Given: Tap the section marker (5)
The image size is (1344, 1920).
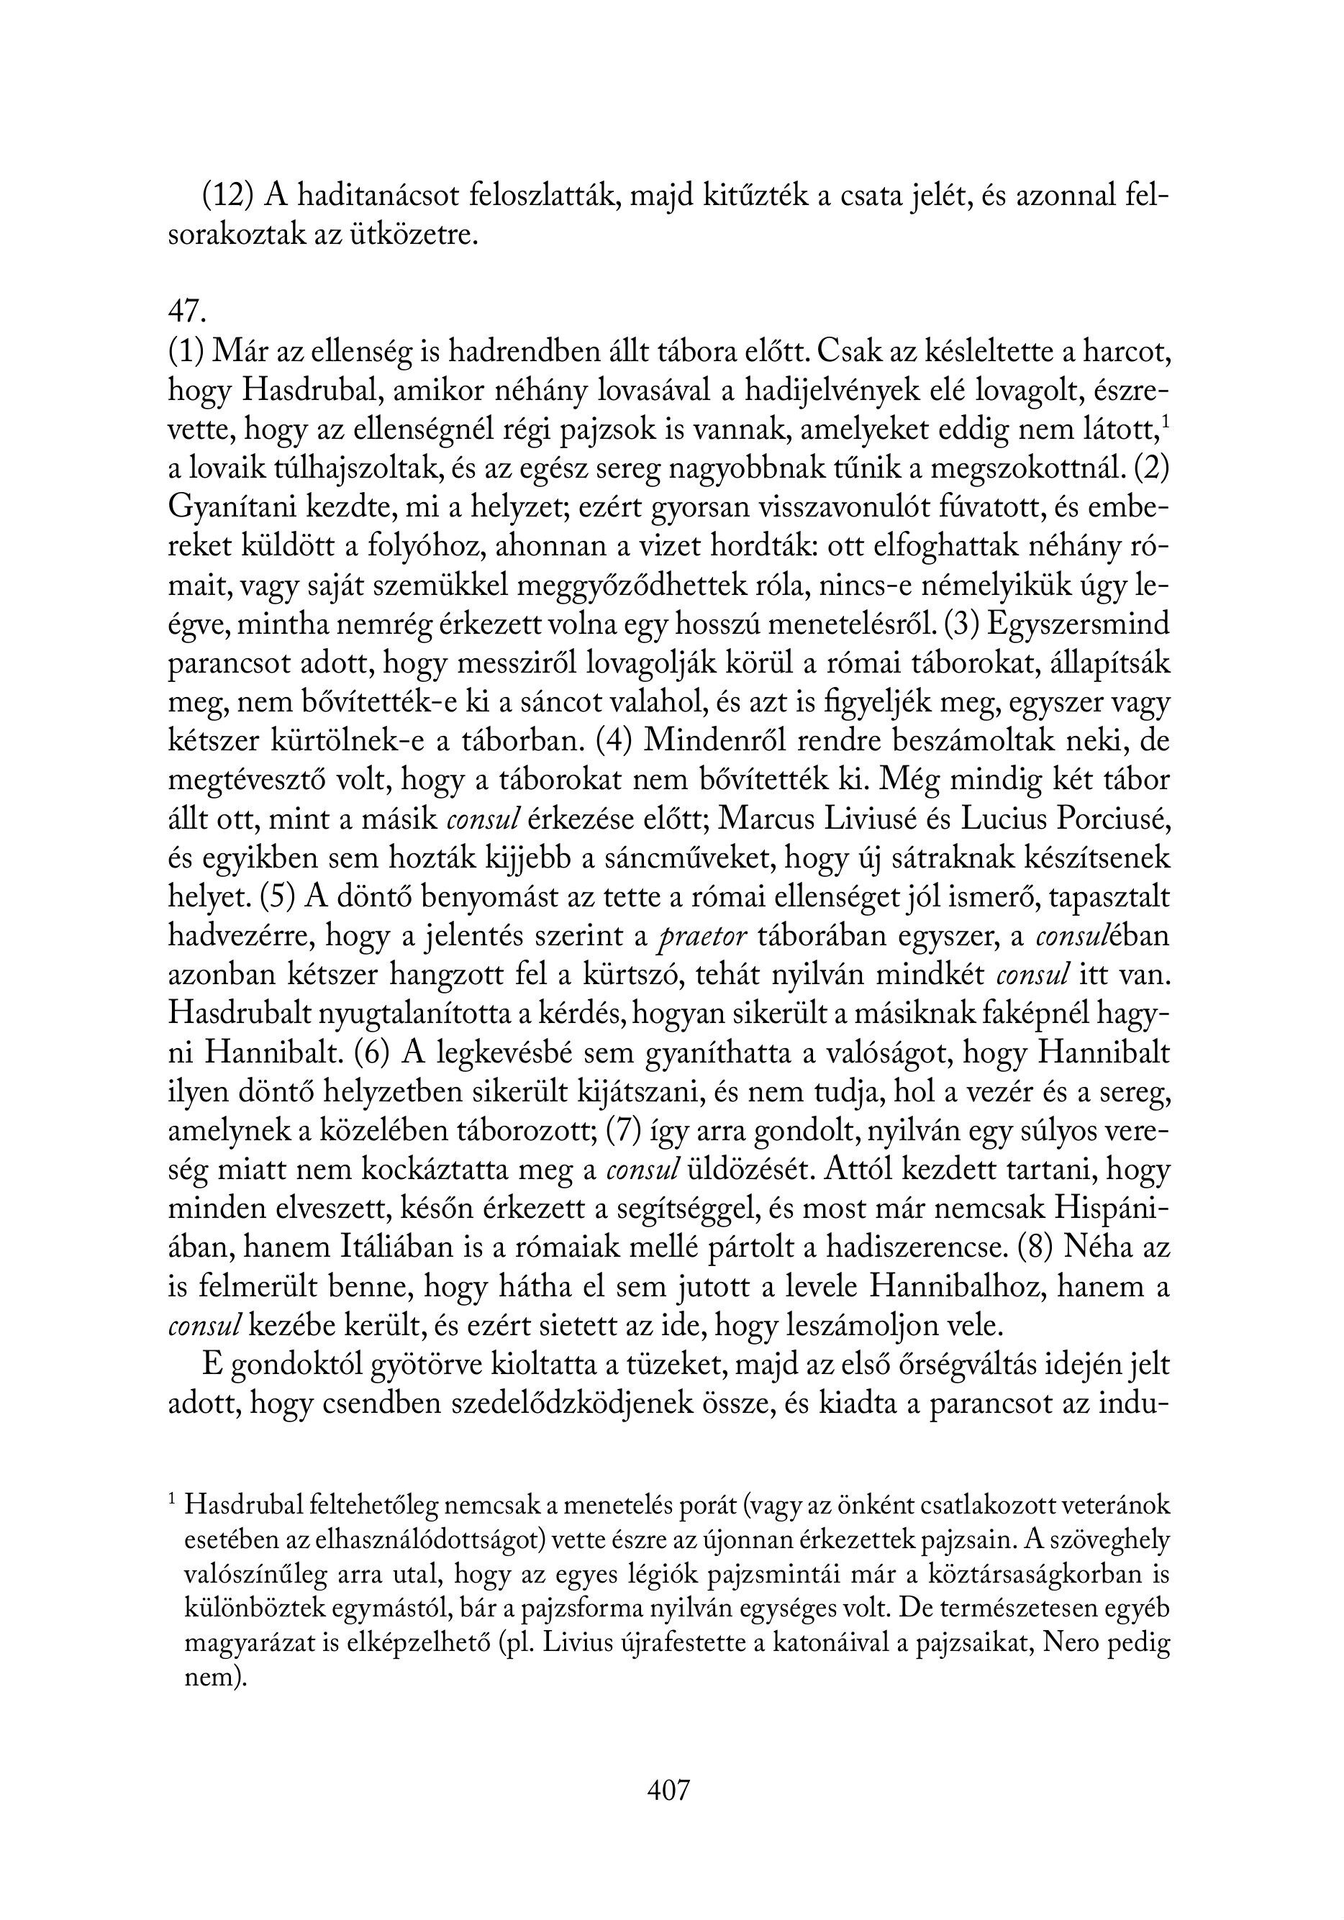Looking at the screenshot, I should tap(277, 897).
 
